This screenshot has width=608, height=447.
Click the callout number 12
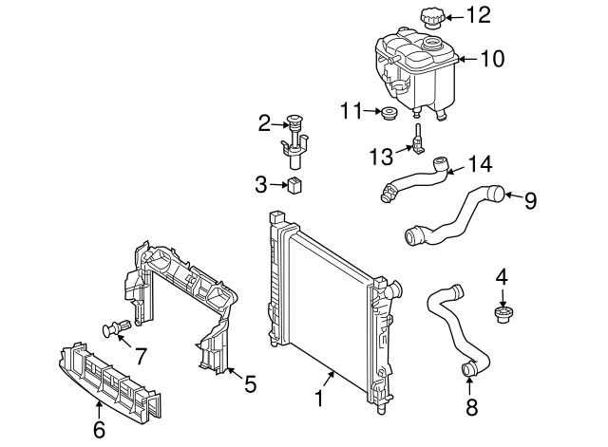[x=479, y=15]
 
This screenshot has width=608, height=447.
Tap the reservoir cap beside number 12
[x=431, y=19]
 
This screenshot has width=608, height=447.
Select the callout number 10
[x=492, y=59]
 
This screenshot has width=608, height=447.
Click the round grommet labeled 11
[x=389, y=113]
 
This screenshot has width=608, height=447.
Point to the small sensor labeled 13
[x=418, y=140]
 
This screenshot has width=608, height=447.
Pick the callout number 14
[x=480, y=164]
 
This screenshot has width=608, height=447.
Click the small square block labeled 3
[x=294, y=186]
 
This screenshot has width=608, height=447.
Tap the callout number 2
[x=264, y=123]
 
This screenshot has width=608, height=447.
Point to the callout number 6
[x=99, y=430]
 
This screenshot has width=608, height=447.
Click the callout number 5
[x=251, y=384]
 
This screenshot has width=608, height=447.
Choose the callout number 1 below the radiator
[x=319, y=399]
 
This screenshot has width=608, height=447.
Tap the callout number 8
[x=472, y=407]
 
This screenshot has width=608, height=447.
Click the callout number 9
[x=530, y=200]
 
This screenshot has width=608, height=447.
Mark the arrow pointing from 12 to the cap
[x=453, y=17]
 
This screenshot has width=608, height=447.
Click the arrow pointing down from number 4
[x=503, y=298]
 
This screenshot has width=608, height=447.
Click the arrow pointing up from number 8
[x=470, y=387]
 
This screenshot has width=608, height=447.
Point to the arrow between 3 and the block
[x=278, y=185]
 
